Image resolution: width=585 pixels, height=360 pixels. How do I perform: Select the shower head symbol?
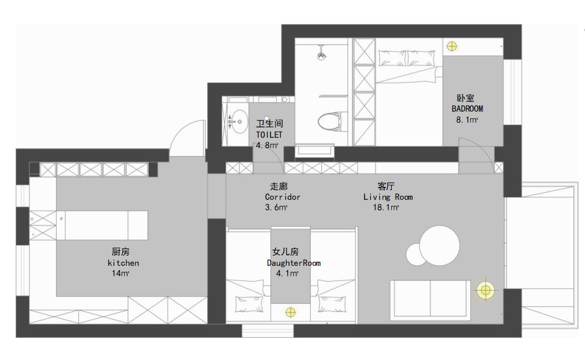[321, 56]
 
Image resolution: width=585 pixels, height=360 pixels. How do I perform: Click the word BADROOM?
[467, 108]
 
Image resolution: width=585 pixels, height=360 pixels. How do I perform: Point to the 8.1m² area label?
[467, 120]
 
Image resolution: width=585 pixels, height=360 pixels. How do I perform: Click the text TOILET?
[269, 134]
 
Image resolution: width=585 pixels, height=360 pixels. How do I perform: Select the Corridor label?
[283, 197]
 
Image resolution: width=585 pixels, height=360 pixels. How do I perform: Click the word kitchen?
[123, 263]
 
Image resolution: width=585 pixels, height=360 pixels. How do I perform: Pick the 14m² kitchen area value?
[121, 274]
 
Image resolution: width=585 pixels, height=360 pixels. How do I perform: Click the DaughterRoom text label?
[294, 263]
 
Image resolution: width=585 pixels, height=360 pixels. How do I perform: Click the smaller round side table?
[416, 254]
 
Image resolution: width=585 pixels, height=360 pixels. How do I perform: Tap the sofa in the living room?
[429, 299]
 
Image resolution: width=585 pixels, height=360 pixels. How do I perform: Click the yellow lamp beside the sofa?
[484, 290]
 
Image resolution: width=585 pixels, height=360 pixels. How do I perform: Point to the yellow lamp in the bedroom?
[452, 46]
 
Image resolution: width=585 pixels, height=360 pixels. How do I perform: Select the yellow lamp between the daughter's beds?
[291, 312]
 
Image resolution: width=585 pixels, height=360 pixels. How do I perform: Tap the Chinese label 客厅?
[385, 186]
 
